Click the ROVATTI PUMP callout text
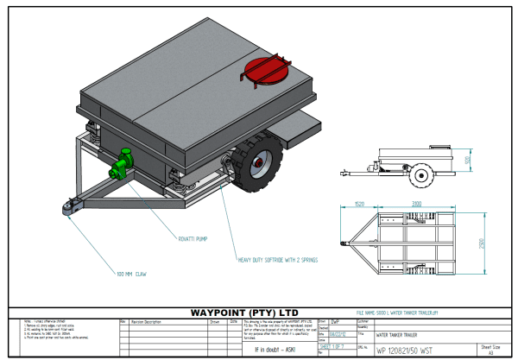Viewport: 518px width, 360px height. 192,237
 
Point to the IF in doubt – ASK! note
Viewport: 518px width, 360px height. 275,350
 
